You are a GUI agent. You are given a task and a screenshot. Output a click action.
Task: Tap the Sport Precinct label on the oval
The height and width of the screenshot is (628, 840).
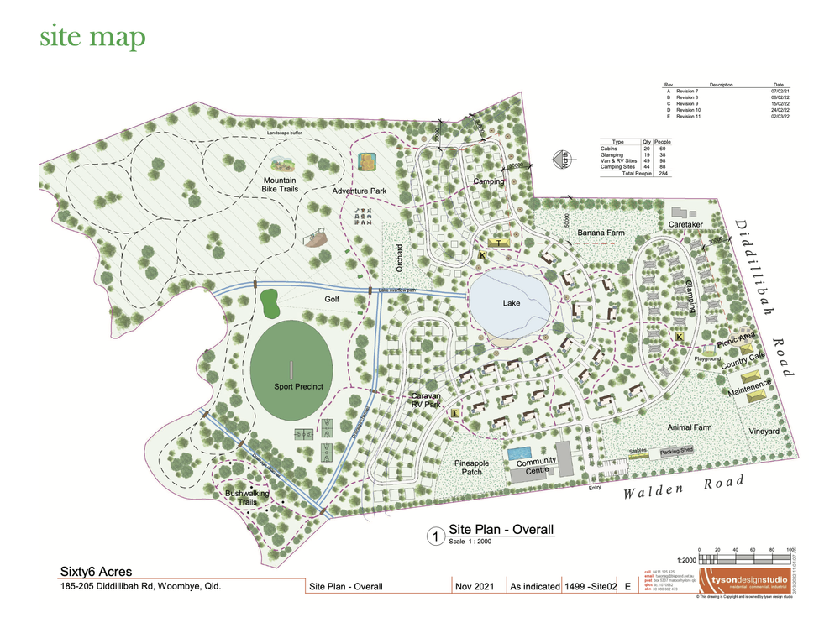(298, 387)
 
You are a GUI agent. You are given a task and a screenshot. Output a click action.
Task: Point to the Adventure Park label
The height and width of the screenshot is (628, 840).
(359, 192)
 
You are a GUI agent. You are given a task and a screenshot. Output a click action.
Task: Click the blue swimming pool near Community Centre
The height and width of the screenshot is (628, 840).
(515, 453)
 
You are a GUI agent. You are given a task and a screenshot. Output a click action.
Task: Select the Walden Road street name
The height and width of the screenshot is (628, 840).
(684, 487)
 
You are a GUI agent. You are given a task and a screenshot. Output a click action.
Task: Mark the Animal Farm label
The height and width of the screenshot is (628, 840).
(689, 427)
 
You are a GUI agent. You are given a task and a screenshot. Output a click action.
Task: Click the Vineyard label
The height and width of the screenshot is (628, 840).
(764, 431)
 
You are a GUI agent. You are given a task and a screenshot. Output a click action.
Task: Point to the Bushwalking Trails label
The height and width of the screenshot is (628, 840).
(247, 498)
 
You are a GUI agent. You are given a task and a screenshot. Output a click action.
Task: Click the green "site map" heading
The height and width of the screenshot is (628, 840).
(92, 37)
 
